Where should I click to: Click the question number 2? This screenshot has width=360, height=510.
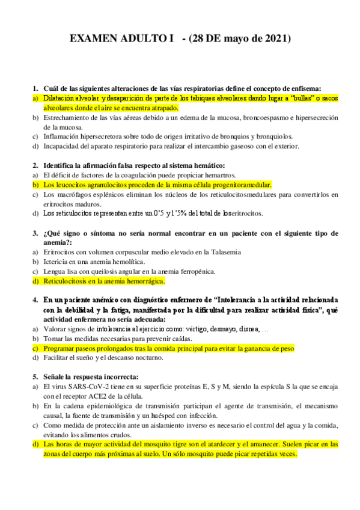(35, 165)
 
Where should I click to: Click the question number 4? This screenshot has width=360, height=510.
(35, 299)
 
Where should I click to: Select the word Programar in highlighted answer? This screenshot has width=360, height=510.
(61, 348)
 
